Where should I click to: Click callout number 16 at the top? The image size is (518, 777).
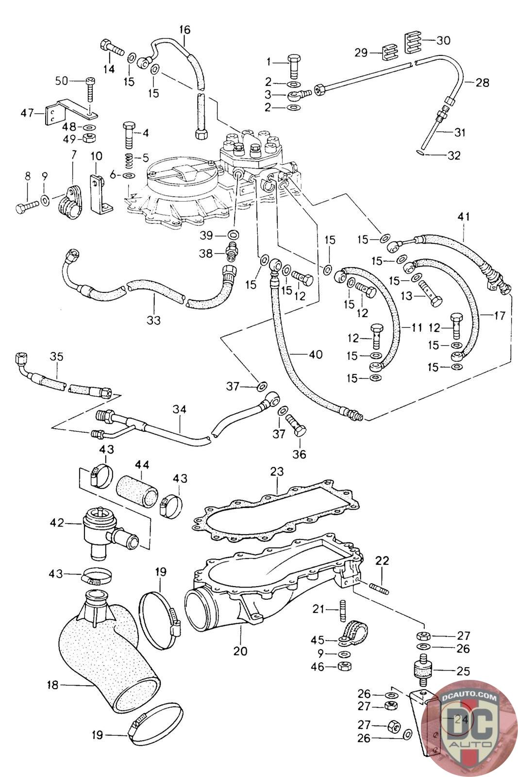184,30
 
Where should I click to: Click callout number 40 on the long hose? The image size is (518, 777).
315,355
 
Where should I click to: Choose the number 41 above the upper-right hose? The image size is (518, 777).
464,217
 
